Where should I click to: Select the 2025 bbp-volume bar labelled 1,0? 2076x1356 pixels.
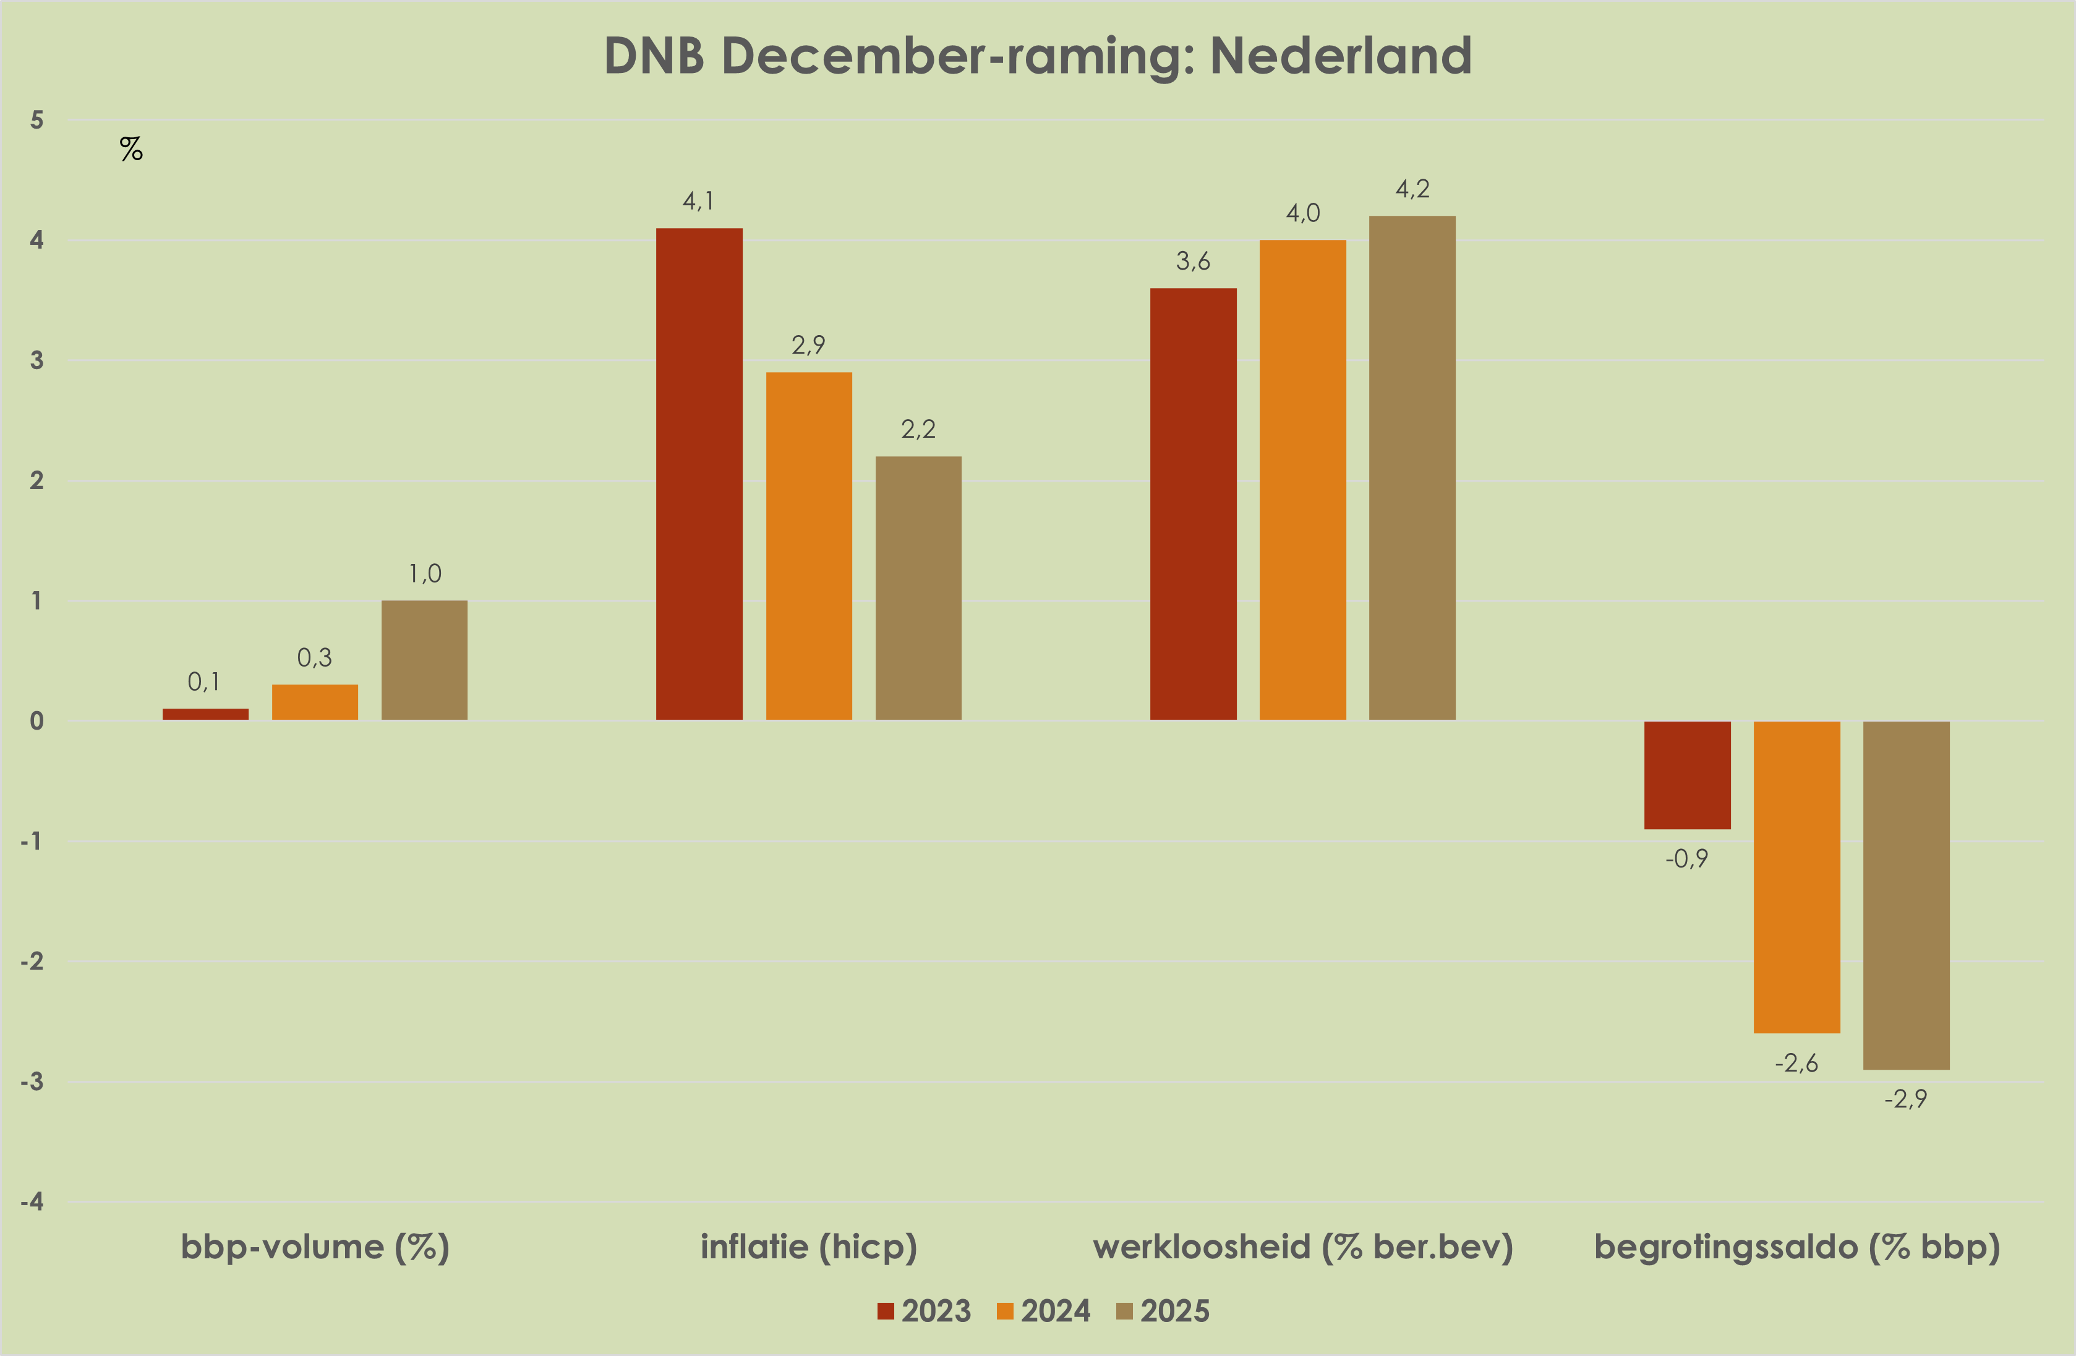point(425,660)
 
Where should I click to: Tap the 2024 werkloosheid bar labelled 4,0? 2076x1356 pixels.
point(1302,480)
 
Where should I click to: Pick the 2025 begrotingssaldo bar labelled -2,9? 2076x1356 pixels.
point(1906,895)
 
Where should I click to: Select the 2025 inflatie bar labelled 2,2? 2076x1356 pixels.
point(918,588)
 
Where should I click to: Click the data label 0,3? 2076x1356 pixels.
point(314,657)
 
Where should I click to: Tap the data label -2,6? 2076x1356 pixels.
point(1796,1063)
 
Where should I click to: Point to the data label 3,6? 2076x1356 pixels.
point(1192,261)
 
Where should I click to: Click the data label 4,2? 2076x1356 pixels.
point(1412,189)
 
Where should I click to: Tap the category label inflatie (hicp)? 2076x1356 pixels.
point(809,1247)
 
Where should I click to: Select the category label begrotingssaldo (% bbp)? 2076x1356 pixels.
point(1797,1247)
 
